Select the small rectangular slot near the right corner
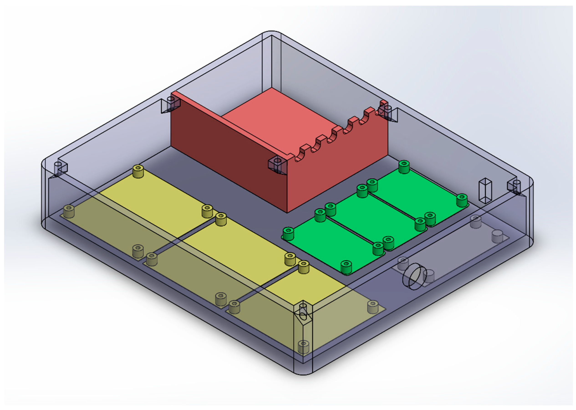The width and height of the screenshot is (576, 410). point(485,191)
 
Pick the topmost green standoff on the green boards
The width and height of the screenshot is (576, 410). point(404,167)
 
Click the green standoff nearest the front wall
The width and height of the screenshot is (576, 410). point(346,267)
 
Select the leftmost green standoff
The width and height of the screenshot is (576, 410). point(288,234)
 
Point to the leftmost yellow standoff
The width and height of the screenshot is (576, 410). point(69,211)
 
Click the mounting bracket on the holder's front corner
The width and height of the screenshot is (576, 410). point(278,165)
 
